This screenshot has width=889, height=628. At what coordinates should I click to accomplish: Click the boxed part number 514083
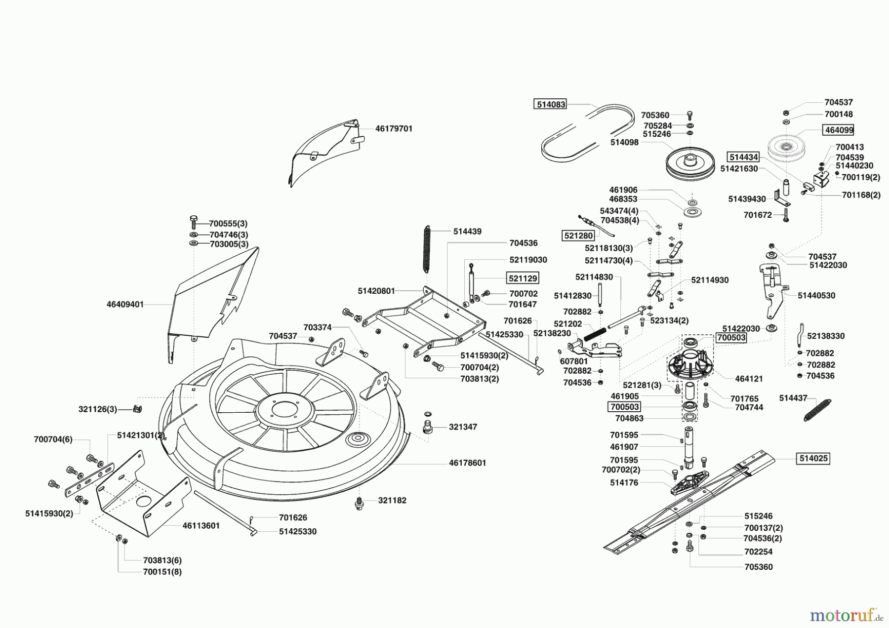click(550, 104)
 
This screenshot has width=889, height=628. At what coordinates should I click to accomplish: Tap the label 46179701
click(394, 128)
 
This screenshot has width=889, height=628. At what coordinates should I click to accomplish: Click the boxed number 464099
click(838, 130)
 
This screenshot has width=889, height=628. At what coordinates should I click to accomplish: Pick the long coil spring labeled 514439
click(427, 248)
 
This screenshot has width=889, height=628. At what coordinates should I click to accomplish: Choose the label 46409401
click(125, 305)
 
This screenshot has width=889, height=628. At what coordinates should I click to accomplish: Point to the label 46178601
click(467, 463)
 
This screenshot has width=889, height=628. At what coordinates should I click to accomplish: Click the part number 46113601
click(201, 526)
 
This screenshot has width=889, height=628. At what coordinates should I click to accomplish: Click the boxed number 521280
click(578, 236)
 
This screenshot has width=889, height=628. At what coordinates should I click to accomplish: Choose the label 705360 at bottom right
click(758, 567)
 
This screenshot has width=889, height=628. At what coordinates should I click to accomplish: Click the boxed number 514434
click(743, 157)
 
